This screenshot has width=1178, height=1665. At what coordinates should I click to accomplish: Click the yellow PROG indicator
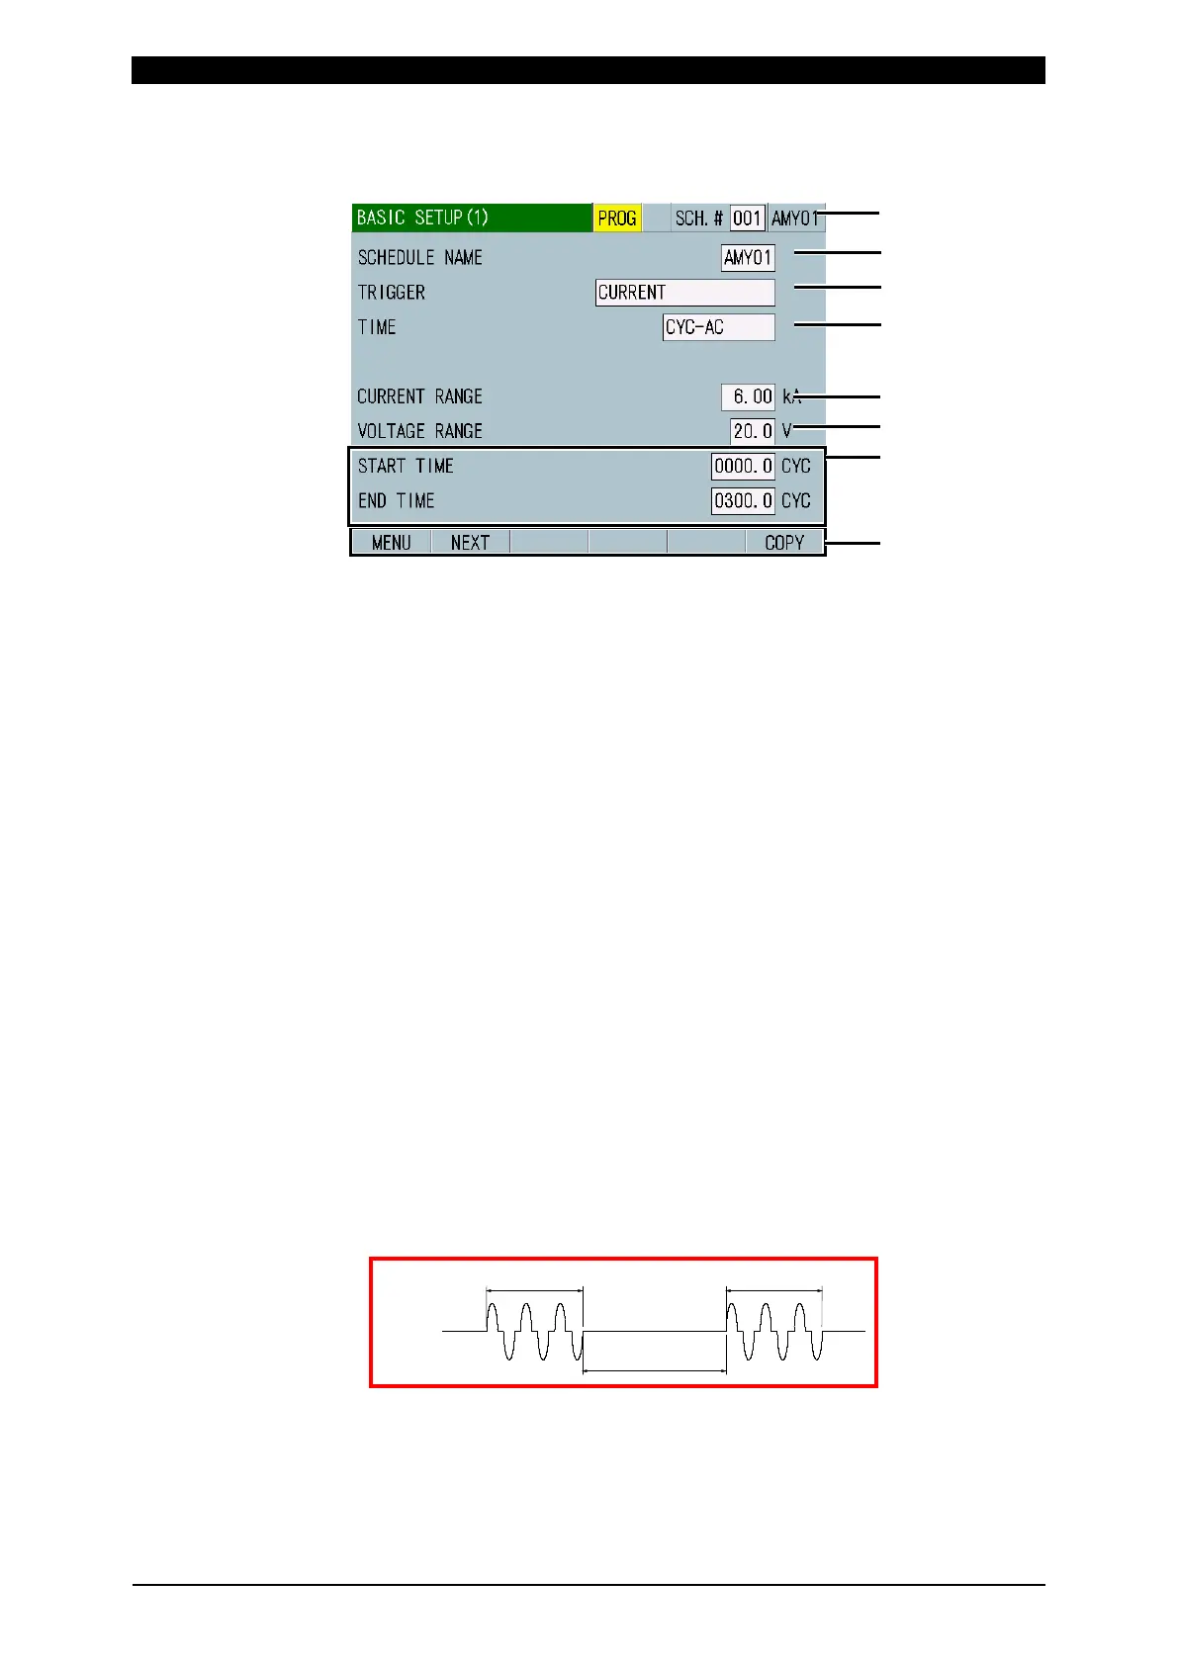coord(617,219)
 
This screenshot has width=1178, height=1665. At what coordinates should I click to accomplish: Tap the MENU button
coord(392,543)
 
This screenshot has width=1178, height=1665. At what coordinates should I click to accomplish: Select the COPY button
coord(784,543)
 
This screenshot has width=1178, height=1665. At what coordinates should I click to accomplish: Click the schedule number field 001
coord(747,219)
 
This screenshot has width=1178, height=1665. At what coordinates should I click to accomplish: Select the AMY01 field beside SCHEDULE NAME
coord(748,258)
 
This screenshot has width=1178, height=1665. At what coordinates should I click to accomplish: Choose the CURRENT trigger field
coord(684,293)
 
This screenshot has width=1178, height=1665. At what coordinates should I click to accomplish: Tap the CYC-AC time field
coord(718,327)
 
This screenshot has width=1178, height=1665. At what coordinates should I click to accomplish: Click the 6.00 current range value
coord(748,396)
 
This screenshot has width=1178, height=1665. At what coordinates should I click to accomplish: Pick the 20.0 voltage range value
coord(753,431)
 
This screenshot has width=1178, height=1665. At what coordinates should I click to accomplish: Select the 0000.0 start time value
coord(743,466)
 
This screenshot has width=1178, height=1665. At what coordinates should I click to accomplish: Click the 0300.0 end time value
coord(743,501)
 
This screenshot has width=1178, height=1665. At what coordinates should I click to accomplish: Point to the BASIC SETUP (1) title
coord(422,218)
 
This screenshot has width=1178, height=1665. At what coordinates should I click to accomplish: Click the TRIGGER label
coord(392,293)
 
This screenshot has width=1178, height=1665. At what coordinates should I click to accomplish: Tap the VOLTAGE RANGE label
coord(420,431)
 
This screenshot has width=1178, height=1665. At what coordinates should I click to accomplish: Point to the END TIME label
coord(397,501)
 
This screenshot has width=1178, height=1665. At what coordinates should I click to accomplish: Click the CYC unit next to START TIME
coord(796,466)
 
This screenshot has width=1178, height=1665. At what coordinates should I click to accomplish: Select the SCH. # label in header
coord(698,219)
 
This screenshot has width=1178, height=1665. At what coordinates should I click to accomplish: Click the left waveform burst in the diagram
coord(534,1331)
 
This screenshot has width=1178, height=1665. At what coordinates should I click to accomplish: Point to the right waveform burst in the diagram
coord(774,1331)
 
